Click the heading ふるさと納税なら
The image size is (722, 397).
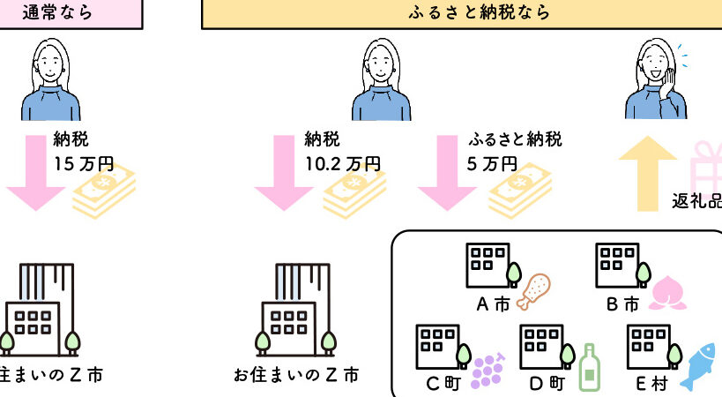point(480,13)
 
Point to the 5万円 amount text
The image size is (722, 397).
point(491,163)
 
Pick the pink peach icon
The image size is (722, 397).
point(666,292)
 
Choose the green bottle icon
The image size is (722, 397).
point(588,366)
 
